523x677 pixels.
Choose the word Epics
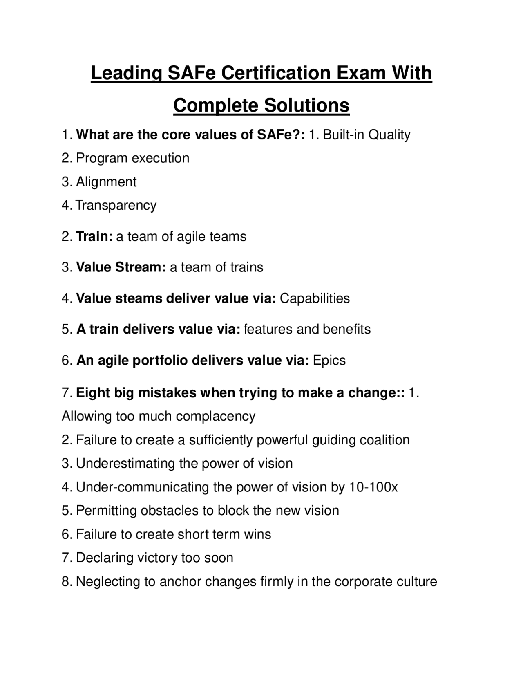[x=329, y=360]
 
